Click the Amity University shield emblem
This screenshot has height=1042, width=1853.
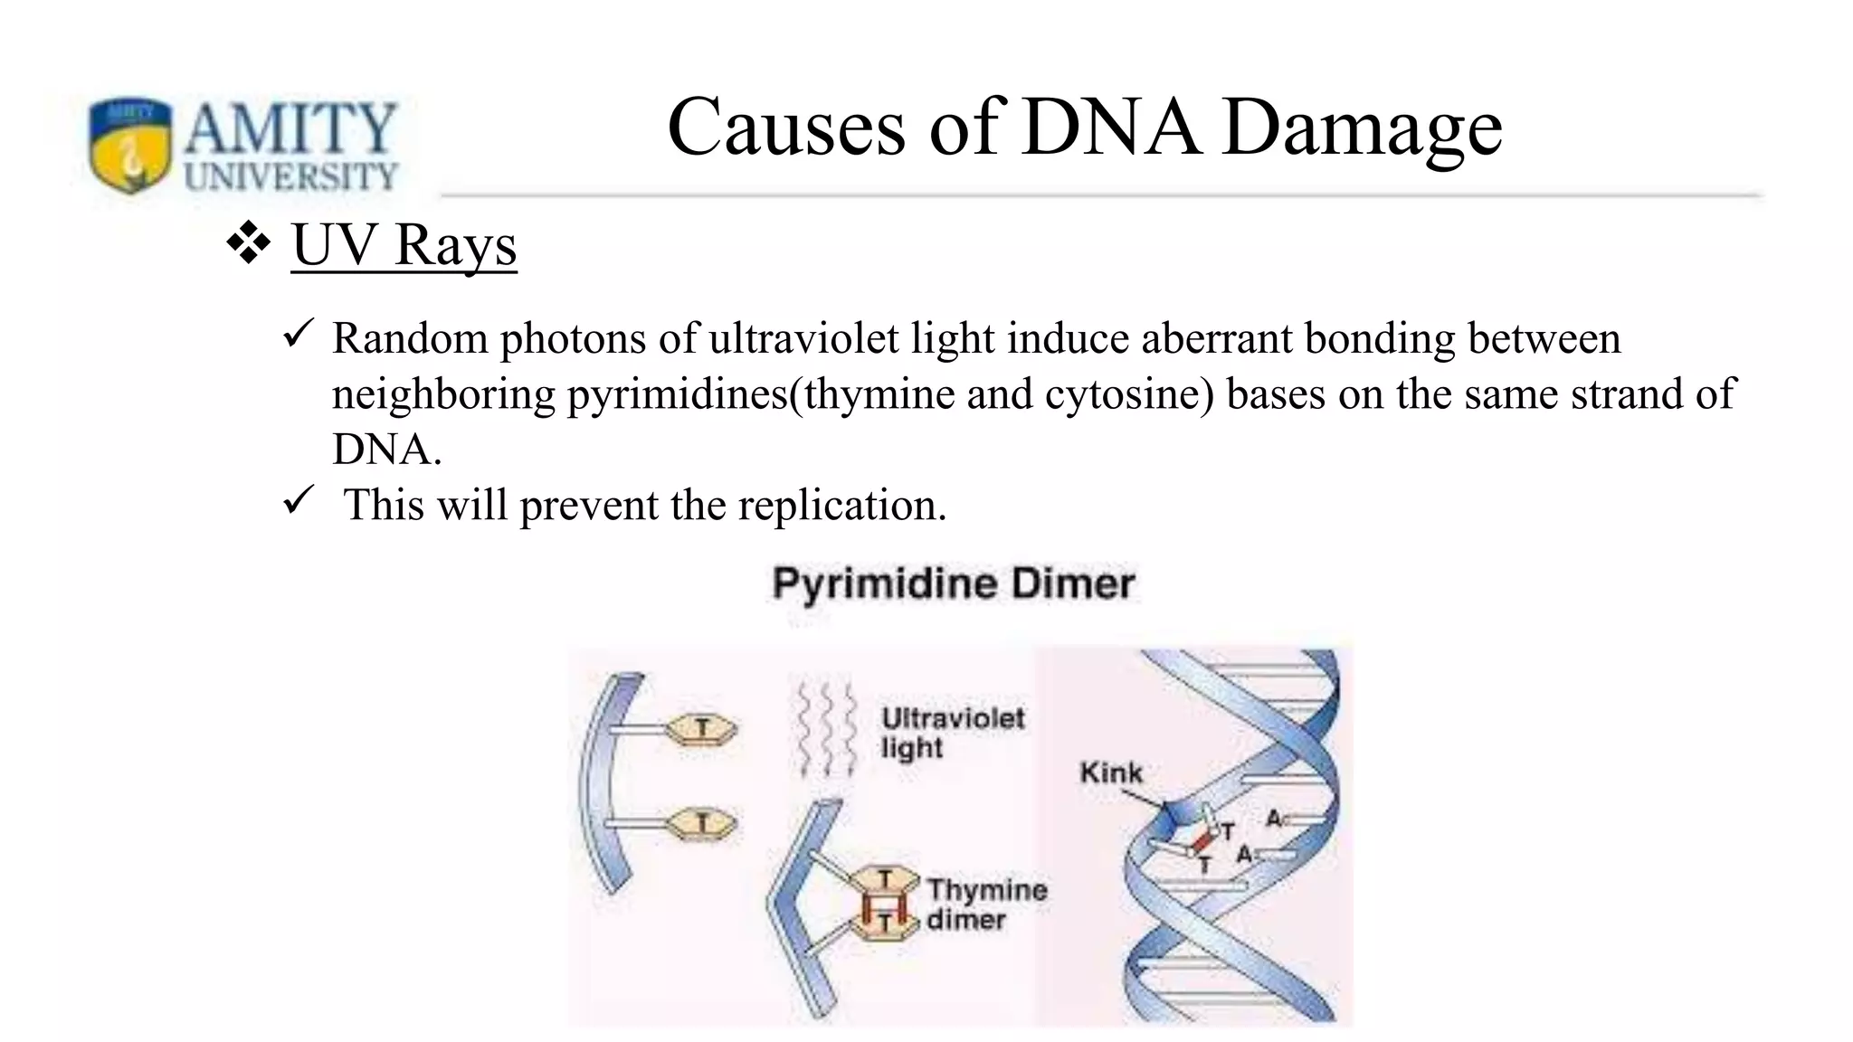[129, 144]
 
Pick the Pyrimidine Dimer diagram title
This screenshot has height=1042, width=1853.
[953, 583]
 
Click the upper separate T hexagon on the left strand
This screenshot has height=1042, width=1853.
[702, 728]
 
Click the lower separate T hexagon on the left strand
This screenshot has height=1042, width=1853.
[702, 823]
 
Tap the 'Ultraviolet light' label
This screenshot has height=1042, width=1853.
[952, 733]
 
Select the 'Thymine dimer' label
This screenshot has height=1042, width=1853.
[986, 904]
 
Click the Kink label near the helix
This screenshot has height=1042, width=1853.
[1111, 773]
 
